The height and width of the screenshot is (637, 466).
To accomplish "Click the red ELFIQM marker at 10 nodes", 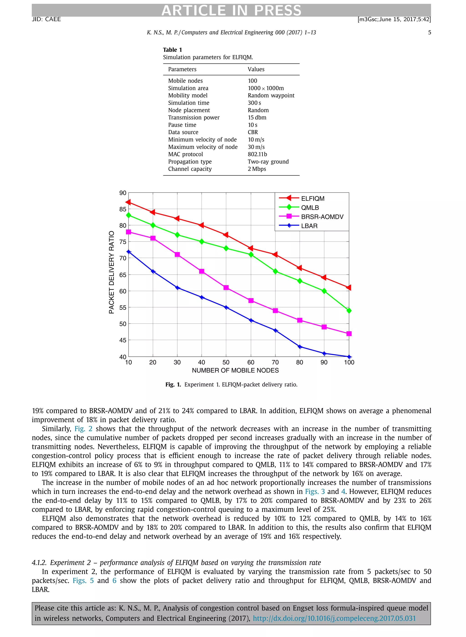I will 128,202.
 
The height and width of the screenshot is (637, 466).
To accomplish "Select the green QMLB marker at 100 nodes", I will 349,310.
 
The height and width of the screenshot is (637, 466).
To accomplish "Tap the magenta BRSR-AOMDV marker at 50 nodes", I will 226,288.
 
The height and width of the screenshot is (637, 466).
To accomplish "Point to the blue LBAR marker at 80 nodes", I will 300,347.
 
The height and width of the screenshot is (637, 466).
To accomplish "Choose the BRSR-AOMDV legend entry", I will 322,217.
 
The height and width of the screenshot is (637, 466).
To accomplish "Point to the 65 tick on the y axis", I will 123,275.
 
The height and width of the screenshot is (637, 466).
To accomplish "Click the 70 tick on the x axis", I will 275,362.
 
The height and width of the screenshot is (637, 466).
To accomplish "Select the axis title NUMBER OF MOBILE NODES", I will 235,370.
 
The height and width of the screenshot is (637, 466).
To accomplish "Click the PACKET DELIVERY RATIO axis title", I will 112,272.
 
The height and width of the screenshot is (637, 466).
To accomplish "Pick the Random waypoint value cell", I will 271,95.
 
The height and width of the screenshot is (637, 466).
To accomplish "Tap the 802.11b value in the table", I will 257,154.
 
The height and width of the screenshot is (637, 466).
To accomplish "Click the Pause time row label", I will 182,125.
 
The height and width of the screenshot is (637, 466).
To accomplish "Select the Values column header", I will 256,69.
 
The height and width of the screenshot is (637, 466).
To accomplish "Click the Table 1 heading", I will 172,50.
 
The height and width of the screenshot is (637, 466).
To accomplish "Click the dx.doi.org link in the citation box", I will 334,618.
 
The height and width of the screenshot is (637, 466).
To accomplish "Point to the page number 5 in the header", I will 429,33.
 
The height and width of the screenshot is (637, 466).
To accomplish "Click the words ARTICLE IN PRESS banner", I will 231,10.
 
